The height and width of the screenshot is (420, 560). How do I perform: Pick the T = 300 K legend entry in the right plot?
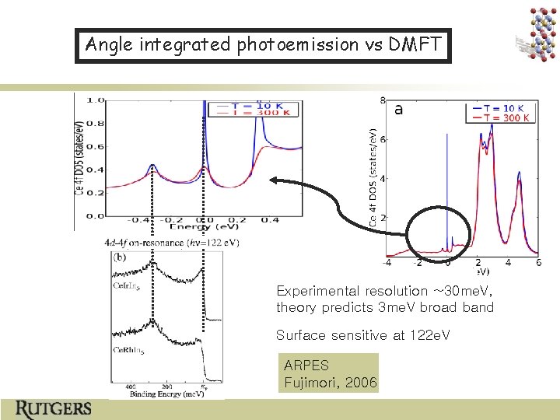[x=506, y=118]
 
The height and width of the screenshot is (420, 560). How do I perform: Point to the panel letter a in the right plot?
[x=398, y=110]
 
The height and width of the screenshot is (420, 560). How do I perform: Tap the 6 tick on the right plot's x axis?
[x=538, y=263]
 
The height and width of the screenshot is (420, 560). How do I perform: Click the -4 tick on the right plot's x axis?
[x=387, y=263]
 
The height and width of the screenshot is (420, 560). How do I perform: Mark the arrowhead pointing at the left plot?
[x=274, y=180]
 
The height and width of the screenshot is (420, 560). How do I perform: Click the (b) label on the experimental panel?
[x=121, y=256]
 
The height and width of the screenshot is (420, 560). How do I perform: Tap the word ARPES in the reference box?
[x=306, y=365]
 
